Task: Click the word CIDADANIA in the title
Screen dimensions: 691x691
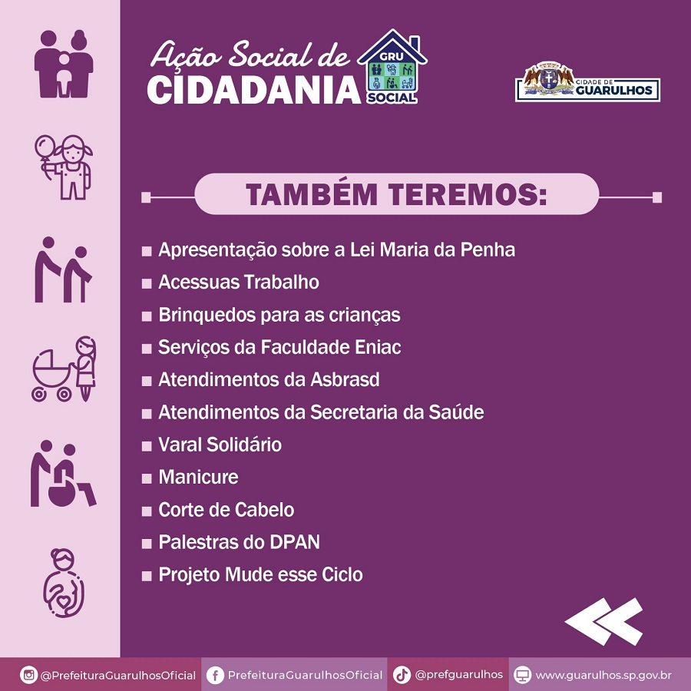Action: click(x=254, y=91)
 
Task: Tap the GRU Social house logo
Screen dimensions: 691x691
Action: click(x=392, y=67)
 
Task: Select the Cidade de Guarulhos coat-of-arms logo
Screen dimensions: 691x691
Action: click(x=587, y=82)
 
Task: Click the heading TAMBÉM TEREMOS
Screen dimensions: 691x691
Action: click(x=396, y=194)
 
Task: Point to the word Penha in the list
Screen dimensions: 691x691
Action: click(x=488, y=250)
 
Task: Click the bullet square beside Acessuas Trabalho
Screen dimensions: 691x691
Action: click(x=147, y=283)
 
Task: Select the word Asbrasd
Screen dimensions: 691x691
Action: click(x=345, y=380)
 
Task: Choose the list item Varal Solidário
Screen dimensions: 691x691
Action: click(x=220, y=445)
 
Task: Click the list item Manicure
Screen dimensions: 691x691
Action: click(x=198, y=478)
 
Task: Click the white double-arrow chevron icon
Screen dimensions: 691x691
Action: click(x=603, y=621)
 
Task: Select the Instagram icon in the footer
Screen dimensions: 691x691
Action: click(x=28, y=675)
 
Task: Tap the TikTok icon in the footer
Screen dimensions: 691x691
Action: click(x=402, y=675)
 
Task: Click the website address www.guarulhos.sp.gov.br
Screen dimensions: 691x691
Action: click(x=603, y=675)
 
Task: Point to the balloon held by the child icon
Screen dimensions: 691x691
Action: click(x=45, y=147)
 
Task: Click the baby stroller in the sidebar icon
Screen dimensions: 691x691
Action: click(x=51, y=376)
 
